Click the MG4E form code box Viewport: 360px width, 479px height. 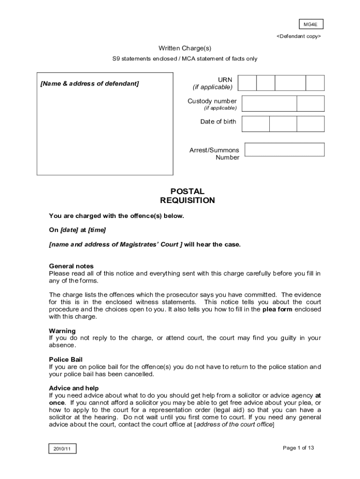[311, 24]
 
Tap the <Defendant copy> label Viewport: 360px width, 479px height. [298, 36]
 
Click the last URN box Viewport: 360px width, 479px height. [315, 83]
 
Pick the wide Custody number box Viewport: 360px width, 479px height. [269, 103]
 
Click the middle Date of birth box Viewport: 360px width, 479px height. [283, 123]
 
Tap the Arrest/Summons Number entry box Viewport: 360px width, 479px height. [284, 150]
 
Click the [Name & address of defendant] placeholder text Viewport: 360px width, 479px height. [90, 84]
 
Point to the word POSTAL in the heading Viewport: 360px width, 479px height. [187, 191]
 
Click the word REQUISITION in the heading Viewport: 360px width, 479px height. [187, 201]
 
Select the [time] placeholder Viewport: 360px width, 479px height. [97, 230]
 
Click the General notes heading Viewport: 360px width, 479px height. [71, 266]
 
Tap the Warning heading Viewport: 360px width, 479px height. [62, 331]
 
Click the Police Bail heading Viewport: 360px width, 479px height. [65, 359]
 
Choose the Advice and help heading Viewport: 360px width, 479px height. [74, 388]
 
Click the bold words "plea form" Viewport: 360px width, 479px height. [277, 309]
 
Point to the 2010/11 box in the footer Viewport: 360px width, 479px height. [62, 449]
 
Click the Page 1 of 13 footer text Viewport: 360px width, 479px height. [298, 448]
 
